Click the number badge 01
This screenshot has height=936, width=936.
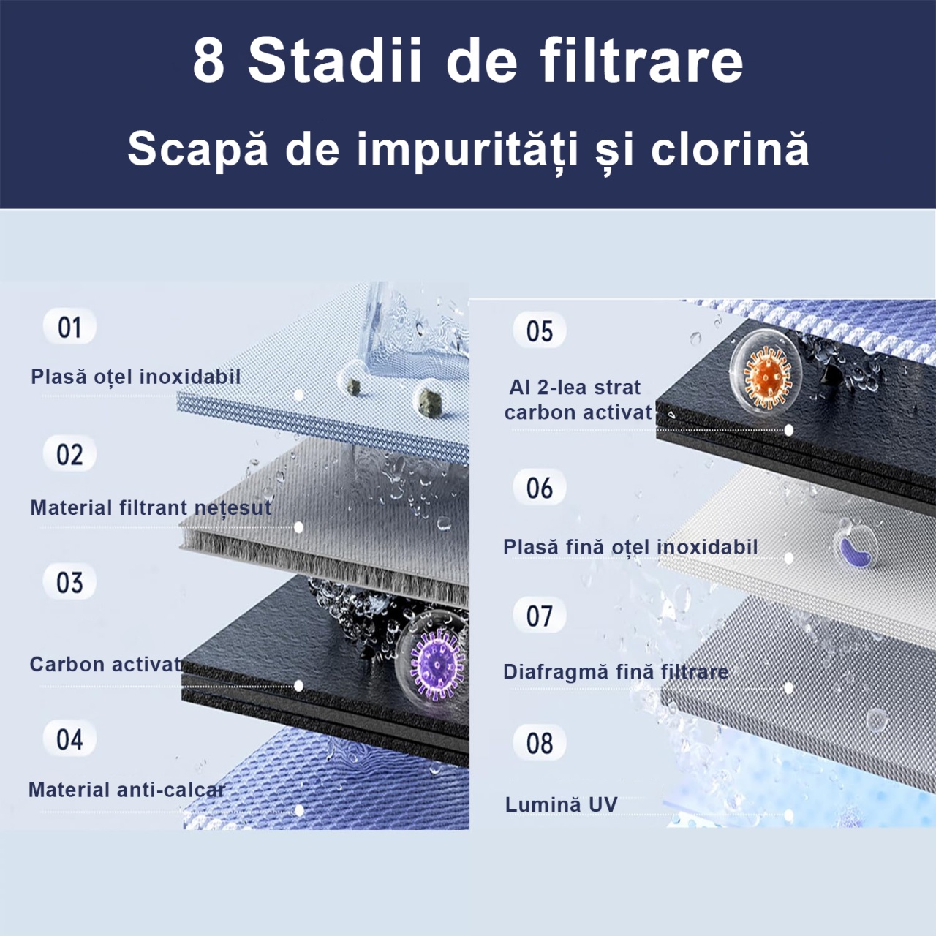click(69, 326)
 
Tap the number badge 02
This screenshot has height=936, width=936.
click(69, 453)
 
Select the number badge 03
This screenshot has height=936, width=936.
click(69, 581)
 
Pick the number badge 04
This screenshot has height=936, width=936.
click(69, 739)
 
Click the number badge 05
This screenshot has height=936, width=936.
click(539, 330)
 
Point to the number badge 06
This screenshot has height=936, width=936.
click(539, 487)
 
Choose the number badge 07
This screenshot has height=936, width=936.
click(539, 615)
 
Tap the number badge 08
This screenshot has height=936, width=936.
click(539, 743)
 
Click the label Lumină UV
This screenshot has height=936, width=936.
click(561, 804)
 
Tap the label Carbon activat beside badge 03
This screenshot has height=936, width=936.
click(106, 664)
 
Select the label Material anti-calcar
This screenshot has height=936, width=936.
click(127, 789)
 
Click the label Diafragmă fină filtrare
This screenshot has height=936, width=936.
click(616, 672)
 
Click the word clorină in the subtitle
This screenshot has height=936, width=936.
click(730, 150)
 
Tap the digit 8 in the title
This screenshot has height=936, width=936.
click(209, 62)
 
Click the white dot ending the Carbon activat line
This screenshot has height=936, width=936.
click(299, 686)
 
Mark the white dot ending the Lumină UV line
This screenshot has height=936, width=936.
click(788, 815)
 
